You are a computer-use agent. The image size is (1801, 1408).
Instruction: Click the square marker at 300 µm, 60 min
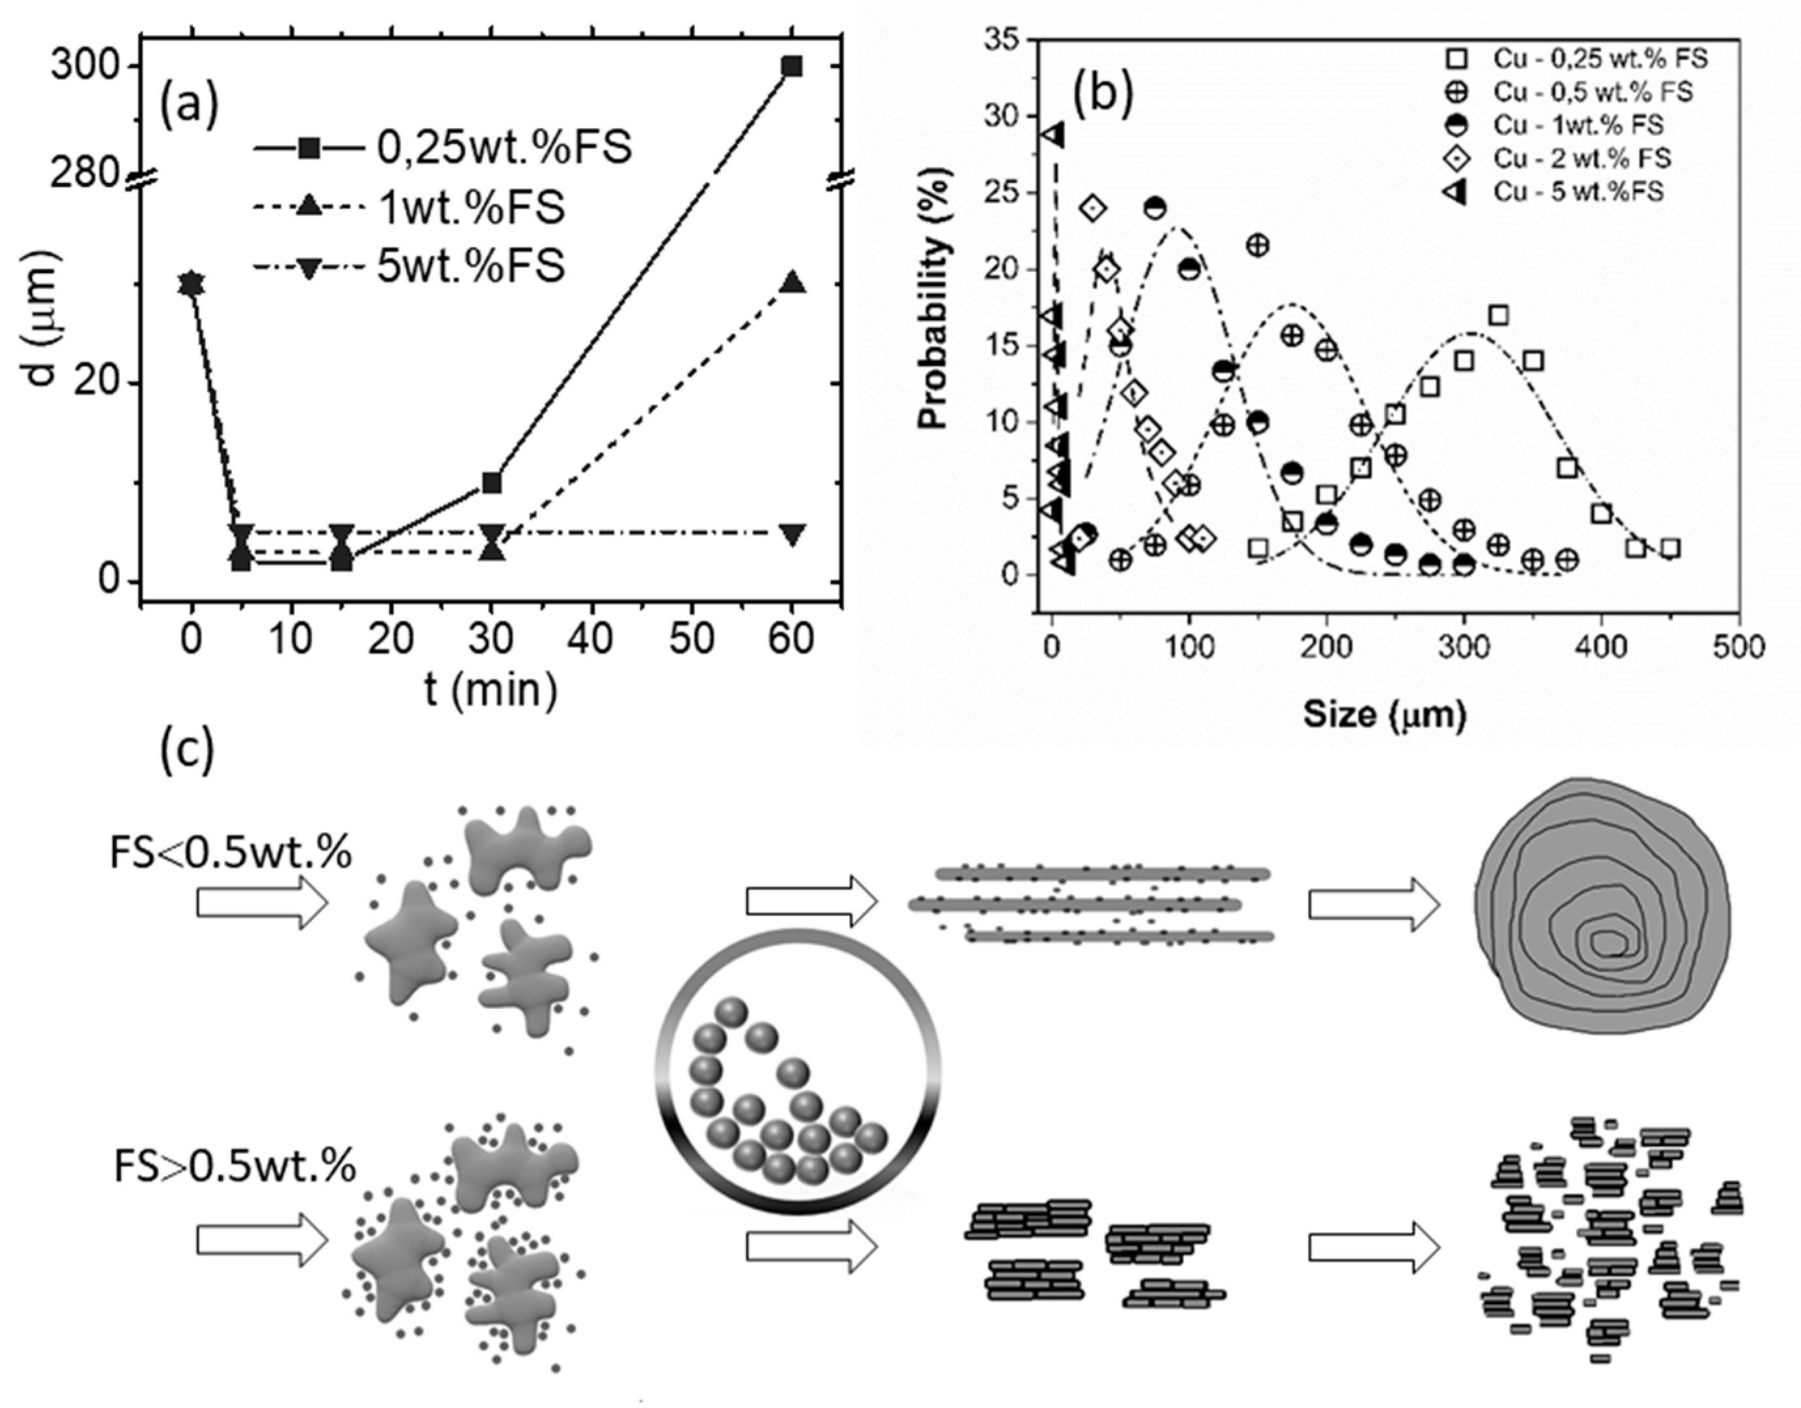tap(792, 66)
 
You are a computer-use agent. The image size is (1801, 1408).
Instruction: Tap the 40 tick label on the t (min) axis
tap(590, 639)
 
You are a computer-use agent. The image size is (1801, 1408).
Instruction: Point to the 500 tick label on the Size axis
tap(1738, 647)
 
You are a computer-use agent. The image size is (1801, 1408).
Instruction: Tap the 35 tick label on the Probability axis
tap(1000, 41)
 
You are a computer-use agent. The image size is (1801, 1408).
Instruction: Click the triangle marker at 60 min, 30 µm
tap(792, 283)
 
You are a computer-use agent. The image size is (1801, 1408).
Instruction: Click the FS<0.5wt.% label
tap(231, 854)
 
